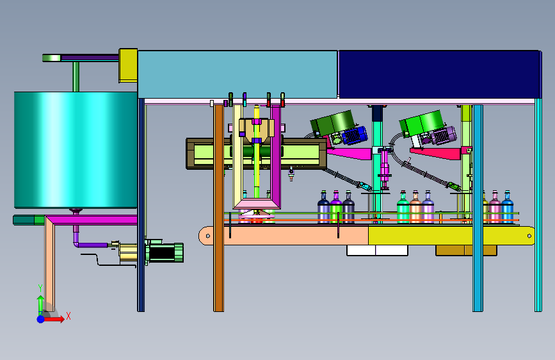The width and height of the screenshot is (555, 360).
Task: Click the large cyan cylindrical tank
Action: click(x=76, y=149)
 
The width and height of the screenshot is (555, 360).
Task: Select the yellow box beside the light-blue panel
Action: click(x=128, y=65)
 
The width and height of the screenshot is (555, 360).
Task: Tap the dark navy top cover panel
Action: click(x=439, y=74)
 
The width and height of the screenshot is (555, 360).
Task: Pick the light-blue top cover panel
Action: click(x=237, y=74)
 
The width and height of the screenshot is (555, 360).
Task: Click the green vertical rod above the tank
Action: click(x=76, y=76)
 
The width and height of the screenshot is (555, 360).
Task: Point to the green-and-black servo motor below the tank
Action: click(x=165, y=252)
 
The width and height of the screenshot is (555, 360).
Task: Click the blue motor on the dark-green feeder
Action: click(x=355, y=135)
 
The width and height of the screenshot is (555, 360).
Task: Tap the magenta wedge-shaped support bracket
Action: click(x=349, y=154)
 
